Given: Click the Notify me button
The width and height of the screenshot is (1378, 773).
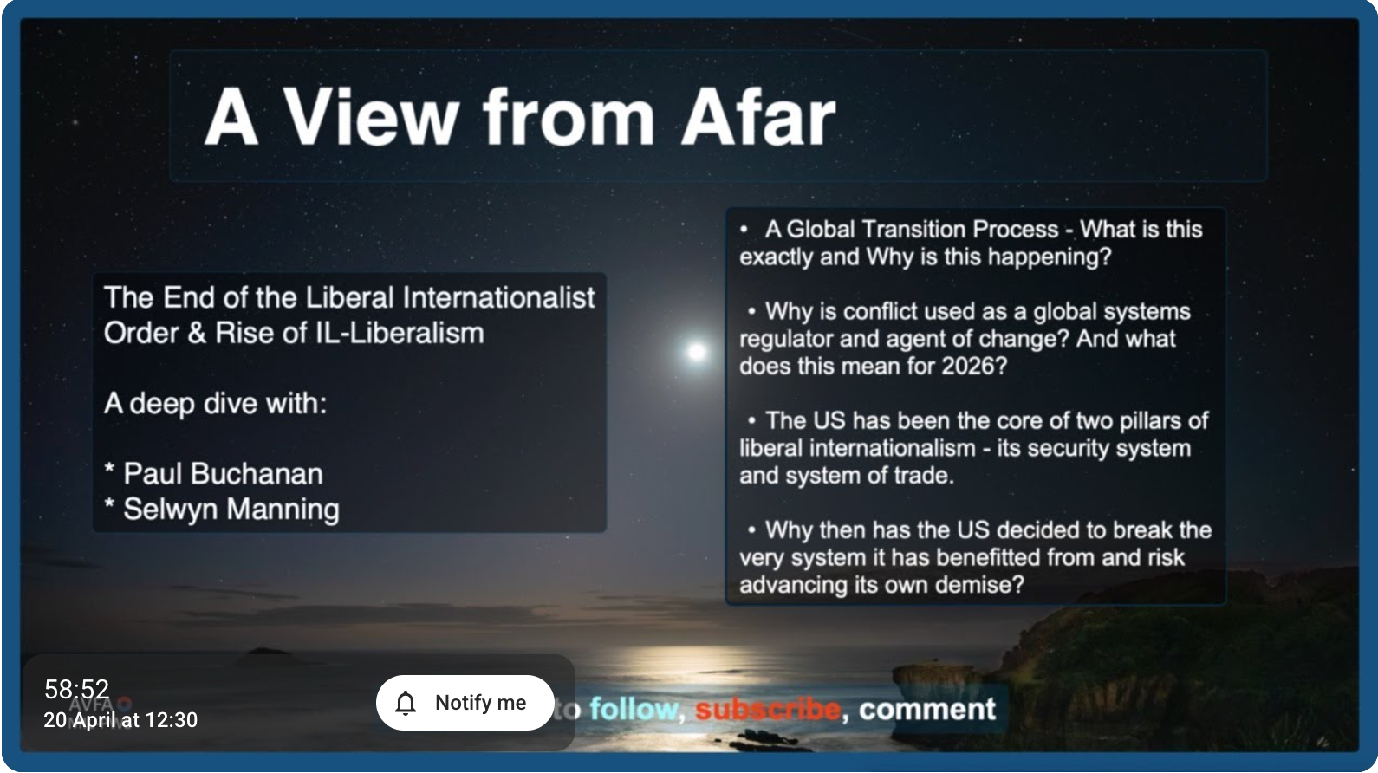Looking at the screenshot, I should pos(465,703).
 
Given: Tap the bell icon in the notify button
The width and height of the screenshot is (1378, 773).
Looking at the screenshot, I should pos(406,703).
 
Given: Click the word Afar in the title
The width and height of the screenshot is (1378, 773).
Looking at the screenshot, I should pos(757,117).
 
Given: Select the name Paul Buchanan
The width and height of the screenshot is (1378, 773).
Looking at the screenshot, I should pos(223,474).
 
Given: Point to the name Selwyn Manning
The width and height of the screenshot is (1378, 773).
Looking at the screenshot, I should pos(231,510).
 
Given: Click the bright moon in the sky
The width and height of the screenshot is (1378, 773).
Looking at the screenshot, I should pos(696,351).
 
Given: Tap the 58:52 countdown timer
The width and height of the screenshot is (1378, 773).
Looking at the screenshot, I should pos(77,690).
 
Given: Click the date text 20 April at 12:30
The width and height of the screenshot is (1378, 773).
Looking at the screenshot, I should pos(120,720).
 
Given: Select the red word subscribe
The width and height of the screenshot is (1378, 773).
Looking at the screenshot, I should pos(767,710).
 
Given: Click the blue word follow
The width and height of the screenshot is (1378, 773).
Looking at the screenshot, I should pos(633,710).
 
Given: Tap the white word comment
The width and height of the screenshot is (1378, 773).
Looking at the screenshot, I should pos(926,710).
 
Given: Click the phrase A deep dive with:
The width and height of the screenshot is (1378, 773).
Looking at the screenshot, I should pos(215,404).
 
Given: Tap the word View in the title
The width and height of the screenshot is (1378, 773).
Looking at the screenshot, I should pos(370,117).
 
